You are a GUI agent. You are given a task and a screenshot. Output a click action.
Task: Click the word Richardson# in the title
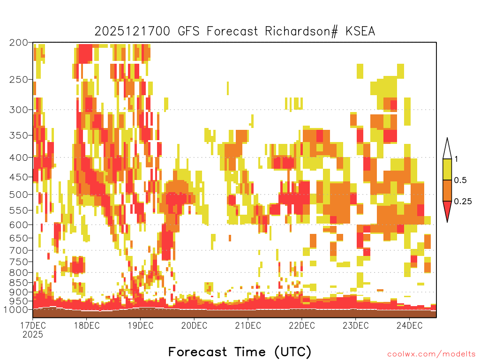[301, 31]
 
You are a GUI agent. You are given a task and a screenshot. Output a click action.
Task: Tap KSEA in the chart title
[360, 31]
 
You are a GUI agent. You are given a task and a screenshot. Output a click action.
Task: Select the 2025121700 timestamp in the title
[132, 31]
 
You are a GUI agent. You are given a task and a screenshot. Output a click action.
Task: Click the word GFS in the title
[188, 31]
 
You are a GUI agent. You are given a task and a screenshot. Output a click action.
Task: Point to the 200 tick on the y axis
[18, 43]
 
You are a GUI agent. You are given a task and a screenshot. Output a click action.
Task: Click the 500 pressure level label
[18, 195]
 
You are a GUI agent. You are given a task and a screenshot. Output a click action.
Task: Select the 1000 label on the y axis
[15, 310]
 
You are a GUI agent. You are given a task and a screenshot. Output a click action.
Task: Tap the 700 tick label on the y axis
[18, 250]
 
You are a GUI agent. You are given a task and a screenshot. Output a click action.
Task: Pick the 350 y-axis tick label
[18, 135]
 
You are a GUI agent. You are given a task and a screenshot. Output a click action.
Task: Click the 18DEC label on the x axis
[87, 325]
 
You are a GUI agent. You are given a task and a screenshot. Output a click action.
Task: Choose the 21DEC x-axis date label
[248, 325]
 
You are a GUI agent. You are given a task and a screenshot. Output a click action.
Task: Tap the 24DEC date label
[409, 325]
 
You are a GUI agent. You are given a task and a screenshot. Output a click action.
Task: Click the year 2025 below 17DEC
[33, 335]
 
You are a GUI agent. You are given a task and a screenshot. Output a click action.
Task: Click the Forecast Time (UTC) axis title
[240, 352]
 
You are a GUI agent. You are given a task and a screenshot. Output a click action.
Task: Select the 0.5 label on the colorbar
[460, 180]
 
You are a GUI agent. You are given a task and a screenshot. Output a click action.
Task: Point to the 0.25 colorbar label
[463, 202]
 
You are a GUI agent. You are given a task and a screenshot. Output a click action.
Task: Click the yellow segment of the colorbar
[447, 169]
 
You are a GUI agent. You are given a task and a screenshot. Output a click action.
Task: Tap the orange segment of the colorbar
[447, 190]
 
